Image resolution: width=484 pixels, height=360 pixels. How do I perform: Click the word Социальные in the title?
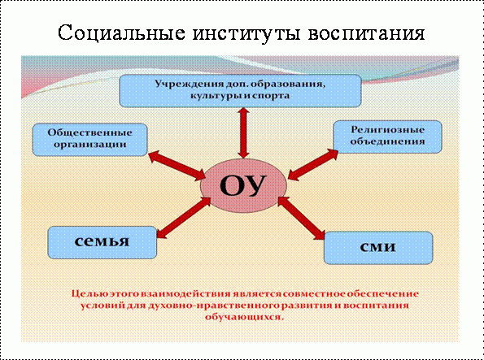(122, 33)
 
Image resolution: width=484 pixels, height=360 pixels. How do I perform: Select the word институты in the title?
(246, 33)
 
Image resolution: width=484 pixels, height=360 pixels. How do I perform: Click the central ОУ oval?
(243, 185)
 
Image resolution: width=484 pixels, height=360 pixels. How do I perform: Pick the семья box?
(102, 242)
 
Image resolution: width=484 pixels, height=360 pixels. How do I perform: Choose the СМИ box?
(378, 248)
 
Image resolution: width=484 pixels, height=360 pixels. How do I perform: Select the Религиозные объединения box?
(387, 137)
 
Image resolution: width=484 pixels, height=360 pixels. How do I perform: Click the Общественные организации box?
(89, 140)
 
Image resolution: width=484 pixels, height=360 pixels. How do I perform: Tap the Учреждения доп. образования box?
(240, 91)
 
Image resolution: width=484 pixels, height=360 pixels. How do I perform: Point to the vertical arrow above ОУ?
(243, 133)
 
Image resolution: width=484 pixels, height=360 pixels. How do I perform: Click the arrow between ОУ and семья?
(184, 218)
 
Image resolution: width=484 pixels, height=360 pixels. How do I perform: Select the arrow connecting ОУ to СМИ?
(301, 218)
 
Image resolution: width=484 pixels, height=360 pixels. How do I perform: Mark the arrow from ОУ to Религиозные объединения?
(313, 164)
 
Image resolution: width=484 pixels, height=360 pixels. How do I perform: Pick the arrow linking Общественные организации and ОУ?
(177, 166)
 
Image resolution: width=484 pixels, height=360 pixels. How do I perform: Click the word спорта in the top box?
(271, 96)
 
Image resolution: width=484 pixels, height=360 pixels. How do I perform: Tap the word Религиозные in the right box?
(388, 130)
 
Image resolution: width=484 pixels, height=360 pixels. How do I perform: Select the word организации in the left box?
(89, 145)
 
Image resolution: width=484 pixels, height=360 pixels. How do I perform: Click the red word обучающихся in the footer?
(244, 317)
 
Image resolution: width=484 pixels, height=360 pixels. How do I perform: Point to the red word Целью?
(86, 293)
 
